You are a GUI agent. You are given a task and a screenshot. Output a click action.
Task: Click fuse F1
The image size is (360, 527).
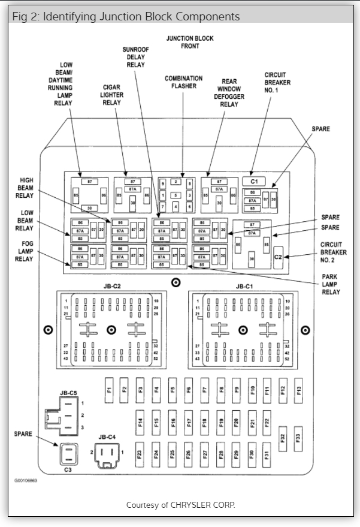tap(109, 389)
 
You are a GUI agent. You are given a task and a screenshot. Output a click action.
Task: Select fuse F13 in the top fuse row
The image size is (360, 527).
tap(298, 389)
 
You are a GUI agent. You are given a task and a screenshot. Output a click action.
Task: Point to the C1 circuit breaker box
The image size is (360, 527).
tap(254, 180)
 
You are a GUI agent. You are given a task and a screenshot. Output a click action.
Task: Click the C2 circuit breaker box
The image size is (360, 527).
tap(278, 257)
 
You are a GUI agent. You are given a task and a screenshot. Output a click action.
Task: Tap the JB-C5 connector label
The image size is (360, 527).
tap(68, 393)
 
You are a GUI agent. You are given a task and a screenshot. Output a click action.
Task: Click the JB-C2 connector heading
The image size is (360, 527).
tap(111, 286)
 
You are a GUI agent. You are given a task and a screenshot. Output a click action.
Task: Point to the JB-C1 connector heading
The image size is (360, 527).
tap(244, 286)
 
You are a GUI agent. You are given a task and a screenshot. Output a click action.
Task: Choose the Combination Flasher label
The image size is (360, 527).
tap(184, 82)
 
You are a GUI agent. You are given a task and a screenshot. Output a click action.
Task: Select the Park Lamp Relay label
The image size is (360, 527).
tap(331, 284)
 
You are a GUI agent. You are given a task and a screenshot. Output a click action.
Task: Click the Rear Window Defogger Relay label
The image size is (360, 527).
tap(229, 92)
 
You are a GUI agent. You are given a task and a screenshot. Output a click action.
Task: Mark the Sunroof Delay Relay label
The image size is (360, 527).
tap(135, 57)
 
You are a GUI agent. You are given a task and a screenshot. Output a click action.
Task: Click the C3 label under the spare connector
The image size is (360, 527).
tap(68, 470)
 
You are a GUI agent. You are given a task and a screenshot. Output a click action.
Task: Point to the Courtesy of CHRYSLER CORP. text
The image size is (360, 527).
tap(180, 505)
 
